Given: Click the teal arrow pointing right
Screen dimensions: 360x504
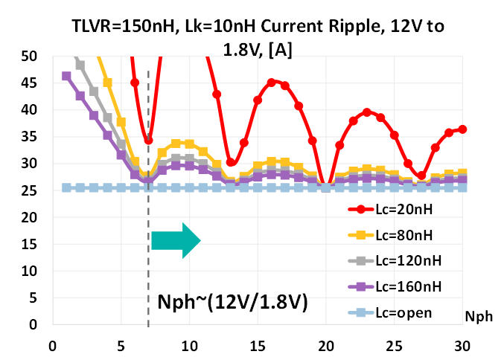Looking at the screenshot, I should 176,240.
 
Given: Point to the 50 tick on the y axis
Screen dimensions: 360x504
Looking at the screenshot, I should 28,56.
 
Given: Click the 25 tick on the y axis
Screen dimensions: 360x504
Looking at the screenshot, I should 28,190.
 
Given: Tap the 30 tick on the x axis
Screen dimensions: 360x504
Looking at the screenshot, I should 463,346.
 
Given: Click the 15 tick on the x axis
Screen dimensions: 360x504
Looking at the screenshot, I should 258,346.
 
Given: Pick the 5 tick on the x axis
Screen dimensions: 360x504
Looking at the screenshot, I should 121,346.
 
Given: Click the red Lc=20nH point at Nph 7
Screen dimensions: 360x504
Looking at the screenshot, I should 148,140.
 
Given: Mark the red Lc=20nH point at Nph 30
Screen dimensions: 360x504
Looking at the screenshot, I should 463,129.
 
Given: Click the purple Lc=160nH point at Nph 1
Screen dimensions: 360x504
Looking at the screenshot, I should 66,76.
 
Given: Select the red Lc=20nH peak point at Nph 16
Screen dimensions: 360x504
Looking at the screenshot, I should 272,83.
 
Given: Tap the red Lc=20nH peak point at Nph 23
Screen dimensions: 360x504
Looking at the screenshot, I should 367,112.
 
